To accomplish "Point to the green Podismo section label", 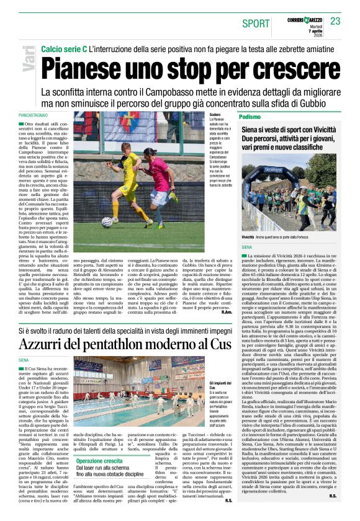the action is [x=250, y=117].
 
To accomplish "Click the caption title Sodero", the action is [x=215, y=115].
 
